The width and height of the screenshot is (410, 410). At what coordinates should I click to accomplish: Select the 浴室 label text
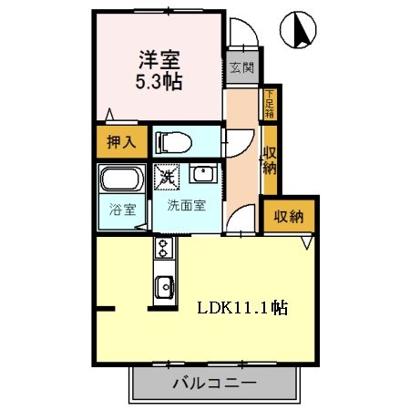123,209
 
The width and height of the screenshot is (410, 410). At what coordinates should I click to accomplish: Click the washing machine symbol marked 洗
167,175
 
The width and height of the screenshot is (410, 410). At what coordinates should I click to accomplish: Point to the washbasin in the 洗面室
201,174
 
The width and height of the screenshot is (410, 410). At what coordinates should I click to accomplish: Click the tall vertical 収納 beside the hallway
270,160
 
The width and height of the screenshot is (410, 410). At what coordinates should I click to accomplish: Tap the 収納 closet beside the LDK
290,216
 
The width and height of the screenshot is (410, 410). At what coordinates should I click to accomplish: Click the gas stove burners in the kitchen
164,247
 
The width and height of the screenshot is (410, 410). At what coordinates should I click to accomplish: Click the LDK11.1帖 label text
243,307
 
